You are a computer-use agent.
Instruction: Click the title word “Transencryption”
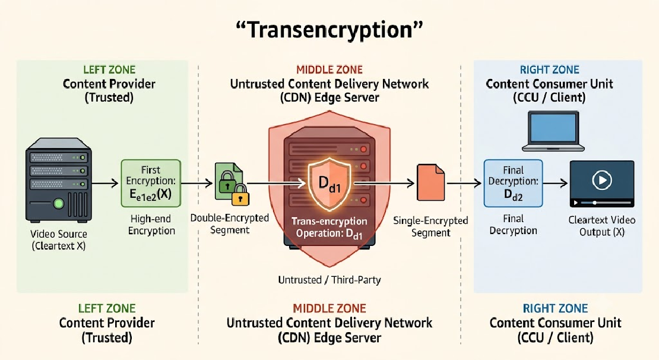(x=329, y=30)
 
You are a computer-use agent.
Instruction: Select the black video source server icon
(x=58, y=179)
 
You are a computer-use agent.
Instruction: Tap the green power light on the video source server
(x=58, y=204)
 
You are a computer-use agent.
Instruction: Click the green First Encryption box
(x=151, y=183)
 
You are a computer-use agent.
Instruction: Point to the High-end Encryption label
(x=151, y=225)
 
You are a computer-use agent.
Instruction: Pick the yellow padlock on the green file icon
(x=241, y=194)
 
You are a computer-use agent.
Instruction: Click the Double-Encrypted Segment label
(x=230, y=224)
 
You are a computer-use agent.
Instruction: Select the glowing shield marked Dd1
(x=329, y=184)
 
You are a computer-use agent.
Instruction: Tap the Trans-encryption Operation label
(x=329, y=228)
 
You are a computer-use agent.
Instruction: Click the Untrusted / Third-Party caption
(x=329, y=280)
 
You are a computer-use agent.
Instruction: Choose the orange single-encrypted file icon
(x=431, y=182)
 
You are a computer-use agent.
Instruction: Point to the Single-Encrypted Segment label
(x=430, y=226)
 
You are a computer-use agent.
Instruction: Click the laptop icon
(x=553, y=131)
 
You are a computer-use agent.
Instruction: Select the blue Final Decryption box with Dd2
(x=513, y=183)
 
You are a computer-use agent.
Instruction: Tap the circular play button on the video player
(x=602, y=180)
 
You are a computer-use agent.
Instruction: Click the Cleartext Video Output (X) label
(x=602, y=226)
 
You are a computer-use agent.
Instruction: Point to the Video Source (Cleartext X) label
(x=58, y=240)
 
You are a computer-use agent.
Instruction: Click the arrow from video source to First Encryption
(x=105, y=183)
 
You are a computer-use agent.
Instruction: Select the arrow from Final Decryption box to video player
(x=555, y=183)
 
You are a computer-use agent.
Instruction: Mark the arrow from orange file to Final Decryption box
(x=464, y=183)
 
